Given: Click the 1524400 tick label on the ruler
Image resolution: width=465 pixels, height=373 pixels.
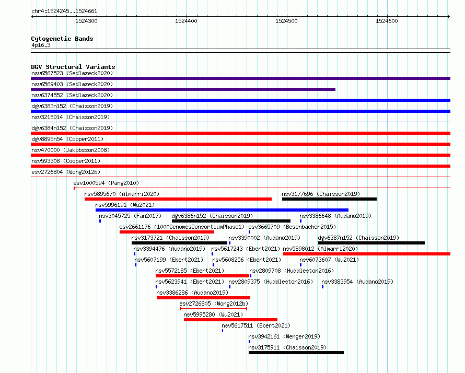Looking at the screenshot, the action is (186, 21).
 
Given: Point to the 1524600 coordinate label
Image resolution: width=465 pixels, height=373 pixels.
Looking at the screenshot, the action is (387, 21).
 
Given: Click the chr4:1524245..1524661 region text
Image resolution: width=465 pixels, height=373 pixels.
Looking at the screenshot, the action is (64, 11).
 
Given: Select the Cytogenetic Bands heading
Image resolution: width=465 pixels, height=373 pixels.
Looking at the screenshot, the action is (62, 39).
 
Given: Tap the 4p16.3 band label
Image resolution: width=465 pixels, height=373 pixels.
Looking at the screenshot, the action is (41, 45).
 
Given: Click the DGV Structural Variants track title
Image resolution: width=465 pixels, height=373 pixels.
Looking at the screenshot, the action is (73, 67).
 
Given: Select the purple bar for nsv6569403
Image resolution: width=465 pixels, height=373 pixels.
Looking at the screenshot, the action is (183, 89).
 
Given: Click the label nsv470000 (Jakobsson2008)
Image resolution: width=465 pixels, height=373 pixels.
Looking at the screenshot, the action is (71, 150).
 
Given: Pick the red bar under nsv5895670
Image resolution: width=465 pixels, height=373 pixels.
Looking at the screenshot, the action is (178, 199).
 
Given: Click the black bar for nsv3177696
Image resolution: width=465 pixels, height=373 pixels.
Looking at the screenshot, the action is (329, 199).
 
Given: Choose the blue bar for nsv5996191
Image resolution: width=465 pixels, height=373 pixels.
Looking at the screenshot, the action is (222, 210).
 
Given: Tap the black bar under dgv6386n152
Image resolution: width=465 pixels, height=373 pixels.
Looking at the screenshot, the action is (231, 221).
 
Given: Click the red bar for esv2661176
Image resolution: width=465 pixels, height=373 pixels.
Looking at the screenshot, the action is (167, 232).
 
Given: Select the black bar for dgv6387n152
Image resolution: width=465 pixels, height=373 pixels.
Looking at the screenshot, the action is (371, 243).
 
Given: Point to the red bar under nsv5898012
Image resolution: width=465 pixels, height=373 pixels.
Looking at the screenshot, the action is (367, 254).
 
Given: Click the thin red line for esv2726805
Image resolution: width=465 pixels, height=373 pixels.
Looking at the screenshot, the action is (214, 309).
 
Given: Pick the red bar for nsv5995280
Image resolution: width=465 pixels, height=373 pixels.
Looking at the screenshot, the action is (230, 320).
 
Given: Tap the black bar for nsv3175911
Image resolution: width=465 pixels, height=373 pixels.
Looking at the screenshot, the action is (296, 353).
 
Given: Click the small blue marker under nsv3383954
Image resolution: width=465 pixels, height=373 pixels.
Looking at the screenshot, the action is (323, 287).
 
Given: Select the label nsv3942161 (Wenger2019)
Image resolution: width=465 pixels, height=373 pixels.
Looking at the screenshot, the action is (284, 336).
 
